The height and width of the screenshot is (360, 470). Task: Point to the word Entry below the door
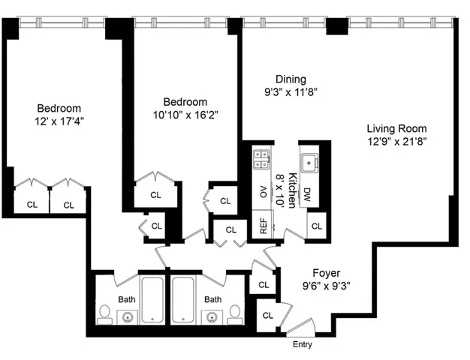pos(301,345)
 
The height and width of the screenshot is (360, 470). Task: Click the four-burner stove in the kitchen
pos(262,158)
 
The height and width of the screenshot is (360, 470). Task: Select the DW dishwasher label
pos(308,195)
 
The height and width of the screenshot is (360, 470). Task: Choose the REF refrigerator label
pos(264,226)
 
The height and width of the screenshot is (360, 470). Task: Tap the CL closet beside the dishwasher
pos(317,226)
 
